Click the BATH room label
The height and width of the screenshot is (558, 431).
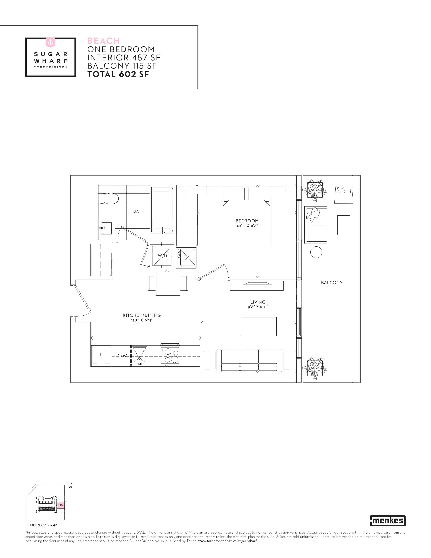click(x=139, y=211)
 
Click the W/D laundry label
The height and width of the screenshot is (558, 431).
click(x=162, y=256)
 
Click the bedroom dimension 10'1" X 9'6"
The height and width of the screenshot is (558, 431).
click(x=247, y=226)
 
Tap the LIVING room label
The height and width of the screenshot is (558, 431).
click(x=258, y=302)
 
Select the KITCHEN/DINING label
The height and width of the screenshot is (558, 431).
click(x=142, y=315)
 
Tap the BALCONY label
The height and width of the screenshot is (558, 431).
click(x=332, y=283)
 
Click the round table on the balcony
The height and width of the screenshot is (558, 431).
click(x=316, y=252)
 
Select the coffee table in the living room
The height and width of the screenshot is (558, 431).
click(x=258, y=327)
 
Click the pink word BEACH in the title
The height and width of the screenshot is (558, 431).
click(x=104, y=41)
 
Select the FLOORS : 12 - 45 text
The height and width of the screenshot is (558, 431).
click(x=41, y=525)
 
